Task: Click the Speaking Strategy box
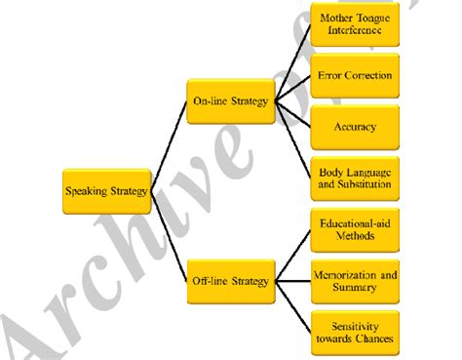click(x=106, y=191)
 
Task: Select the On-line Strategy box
click(x=230, y=100)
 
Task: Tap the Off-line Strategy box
click(x=230, y=282)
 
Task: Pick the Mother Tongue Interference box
click(x=357, y=24)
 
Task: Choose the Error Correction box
click(x=357, y=75)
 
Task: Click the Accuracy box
click(x=357, y=126)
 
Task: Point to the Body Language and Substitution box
click(x=357, y=178)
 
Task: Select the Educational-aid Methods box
click(x=357, y=230)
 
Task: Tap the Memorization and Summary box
click(x=357, y=282)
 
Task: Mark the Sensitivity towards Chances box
click(x=357, y=332)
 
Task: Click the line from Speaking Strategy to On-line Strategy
click(x=168, y=146)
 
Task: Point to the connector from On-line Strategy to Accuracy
click(x=291, y=113)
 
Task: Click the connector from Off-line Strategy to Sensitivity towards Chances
click(x=291, y=306)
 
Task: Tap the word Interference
click(x=357, y=31)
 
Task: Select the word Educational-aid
click(x=357, y=223)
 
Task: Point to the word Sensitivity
click(x=357, y=325)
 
